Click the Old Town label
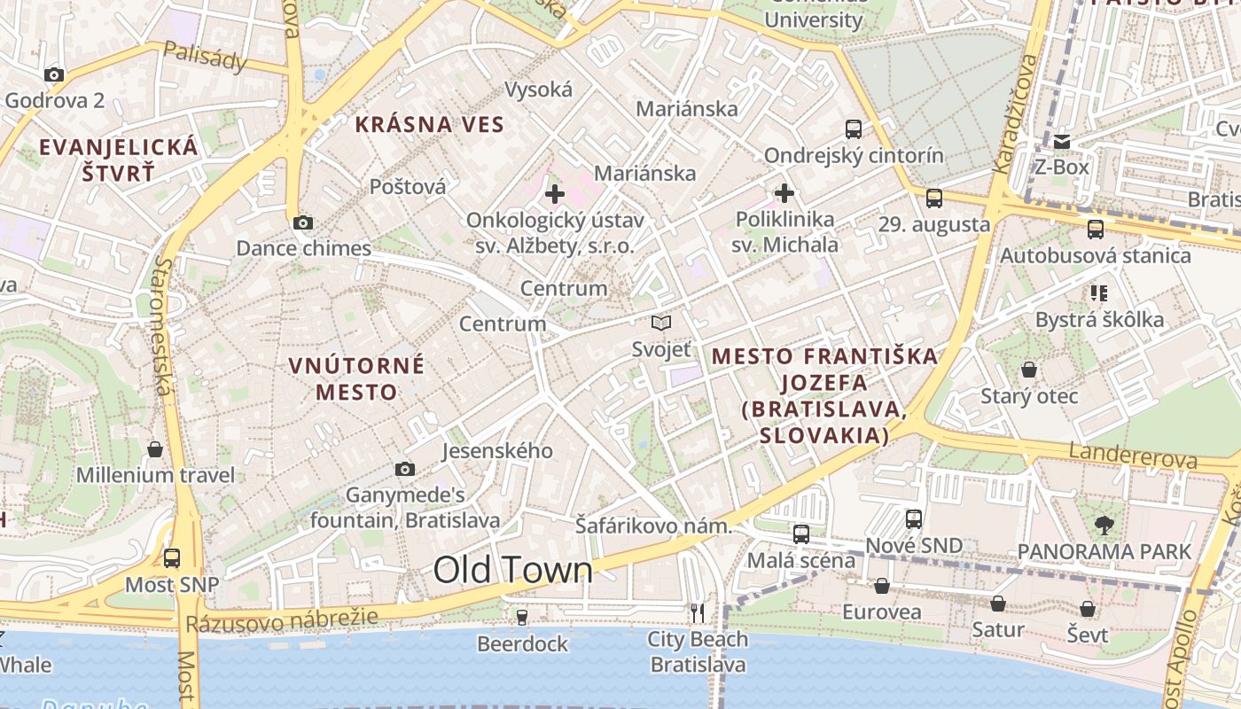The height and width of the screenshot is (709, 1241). click(x=512, y=570)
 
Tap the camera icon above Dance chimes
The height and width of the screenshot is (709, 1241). click(x=303, y=222)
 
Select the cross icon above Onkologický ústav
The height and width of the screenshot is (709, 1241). click(x=555, y=193)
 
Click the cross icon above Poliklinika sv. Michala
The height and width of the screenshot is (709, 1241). click(x=784, y=192)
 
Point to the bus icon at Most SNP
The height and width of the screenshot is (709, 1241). click(x=172, y=558)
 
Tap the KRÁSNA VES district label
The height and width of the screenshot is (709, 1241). click(x=429, y=125)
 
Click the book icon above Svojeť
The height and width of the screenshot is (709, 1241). click(x=661, y=323)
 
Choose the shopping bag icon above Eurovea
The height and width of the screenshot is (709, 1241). click(x=882, y=586)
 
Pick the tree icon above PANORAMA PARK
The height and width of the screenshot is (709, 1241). click(x=1104, y=526)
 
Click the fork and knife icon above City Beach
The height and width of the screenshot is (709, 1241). click(x=698, y=612)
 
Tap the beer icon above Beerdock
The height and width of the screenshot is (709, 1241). click(x=522, y=617)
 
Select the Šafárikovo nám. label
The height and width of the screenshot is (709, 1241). click(x=654, y=526)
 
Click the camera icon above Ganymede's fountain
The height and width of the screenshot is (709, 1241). click(x=405, y=469)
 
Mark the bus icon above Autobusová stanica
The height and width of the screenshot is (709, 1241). click(x=1096, y=230)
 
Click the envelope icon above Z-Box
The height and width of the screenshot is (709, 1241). click(x=1062, y=142)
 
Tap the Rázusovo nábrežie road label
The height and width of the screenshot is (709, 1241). click(x=282, y=619)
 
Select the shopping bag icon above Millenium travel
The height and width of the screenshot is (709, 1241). click(x=155, y=449)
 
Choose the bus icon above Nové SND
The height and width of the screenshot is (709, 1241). click(x=914, y=519)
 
